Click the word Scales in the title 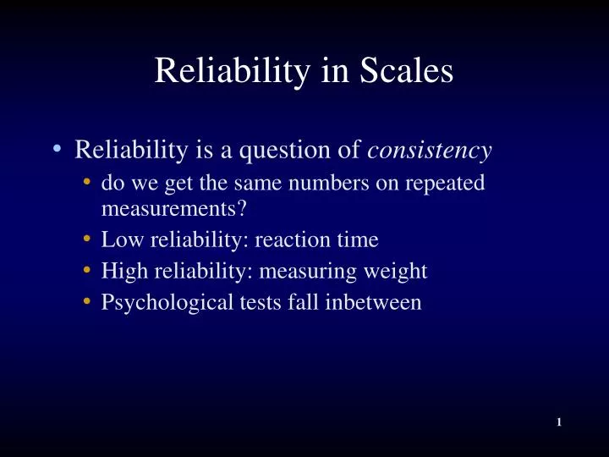407,71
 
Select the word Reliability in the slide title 226,71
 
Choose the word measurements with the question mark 168,208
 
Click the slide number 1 560,422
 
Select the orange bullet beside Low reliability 89,240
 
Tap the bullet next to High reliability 89,271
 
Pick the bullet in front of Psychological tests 89,301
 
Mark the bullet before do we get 89,181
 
